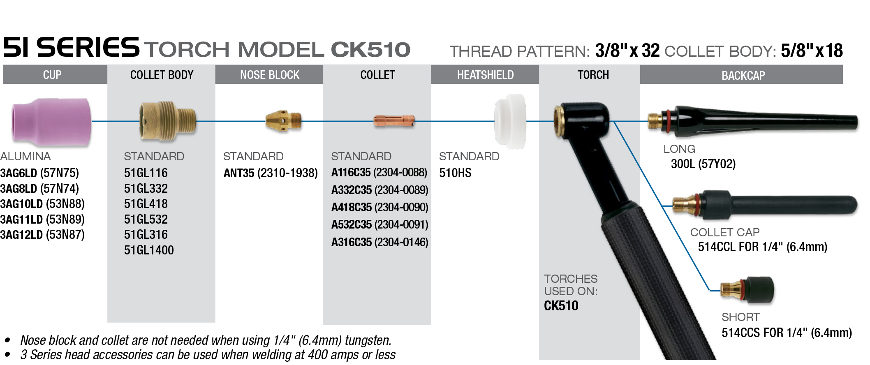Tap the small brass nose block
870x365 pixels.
click(283, 120)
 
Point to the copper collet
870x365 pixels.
click(393, 120)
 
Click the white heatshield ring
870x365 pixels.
click(510, 121)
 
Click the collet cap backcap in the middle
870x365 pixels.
click(765, 205)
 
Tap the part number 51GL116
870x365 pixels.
click(146, 173)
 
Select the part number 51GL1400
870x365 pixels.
click(149, 250)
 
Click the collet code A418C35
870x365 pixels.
click(352, 208)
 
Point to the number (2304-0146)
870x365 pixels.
click(401, 243)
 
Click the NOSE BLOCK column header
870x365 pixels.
click(270, 75)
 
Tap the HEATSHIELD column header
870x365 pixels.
click(485, 75)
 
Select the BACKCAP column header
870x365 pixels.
click(743, 76)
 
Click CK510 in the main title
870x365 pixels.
click(370, 50)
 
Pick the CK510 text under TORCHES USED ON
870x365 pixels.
click(561, 306)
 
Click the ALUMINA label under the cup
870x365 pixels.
click(25, 157)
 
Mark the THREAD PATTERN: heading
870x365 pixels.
click(520, 52)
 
